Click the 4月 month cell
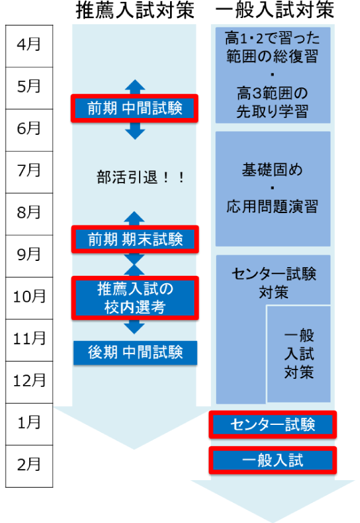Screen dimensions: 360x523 point(29,46)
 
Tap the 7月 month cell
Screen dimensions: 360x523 point(29,172)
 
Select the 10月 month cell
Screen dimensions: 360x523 point(29,298)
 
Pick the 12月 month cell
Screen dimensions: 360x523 point(29,382)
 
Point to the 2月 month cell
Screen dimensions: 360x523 point(29,466)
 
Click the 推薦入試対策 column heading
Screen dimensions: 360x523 point(135,11)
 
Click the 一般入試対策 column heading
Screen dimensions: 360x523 point(275,11)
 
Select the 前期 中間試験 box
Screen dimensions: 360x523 point(135,109)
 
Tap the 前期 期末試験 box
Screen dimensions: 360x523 point(135,239)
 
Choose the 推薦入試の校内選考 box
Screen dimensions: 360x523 point(135,298)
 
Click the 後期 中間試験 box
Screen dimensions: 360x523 point(135,353)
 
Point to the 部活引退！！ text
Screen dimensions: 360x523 point(141,177)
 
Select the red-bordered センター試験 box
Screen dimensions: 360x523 point(272,425)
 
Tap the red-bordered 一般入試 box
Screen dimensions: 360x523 point(272,460)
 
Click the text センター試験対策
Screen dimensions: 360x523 point(274,283)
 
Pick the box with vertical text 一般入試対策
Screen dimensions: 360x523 point(299,354)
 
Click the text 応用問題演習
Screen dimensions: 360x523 point(272,206)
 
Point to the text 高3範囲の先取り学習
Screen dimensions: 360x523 point(272,102)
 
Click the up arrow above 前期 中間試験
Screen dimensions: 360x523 point(135,87)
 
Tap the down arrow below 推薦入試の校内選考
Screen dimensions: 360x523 point(134,327)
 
